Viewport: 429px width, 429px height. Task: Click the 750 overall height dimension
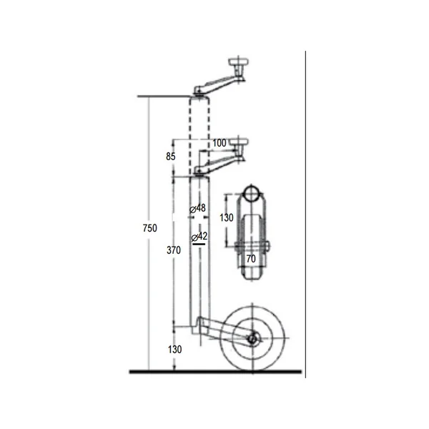(150, 228)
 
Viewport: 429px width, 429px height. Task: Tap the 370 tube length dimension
(174, 250)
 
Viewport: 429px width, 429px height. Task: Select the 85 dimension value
(170, 157)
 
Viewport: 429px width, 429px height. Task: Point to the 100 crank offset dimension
(220, 143)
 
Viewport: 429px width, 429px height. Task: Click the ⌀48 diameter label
(197, 209)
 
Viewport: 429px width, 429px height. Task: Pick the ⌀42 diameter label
(199, 237)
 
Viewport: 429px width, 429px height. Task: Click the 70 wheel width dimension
(251, 259)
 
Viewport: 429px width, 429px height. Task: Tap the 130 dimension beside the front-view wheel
(227, 218)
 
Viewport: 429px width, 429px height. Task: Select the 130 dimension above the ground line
(175, 350)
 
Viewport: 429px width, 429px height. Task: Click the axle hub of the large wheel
(252, 339)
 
